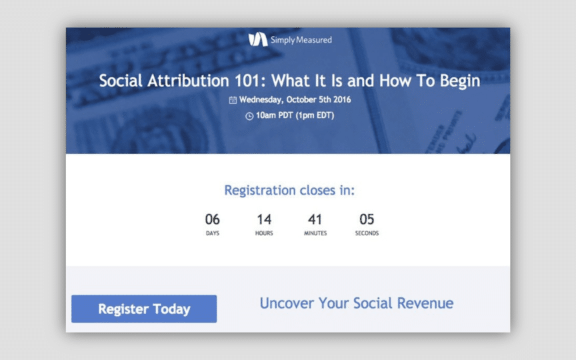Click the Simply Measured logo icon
click(x=258, y=39)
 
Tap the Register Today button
click(x=144, y=309)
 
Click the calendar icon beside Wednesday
click(x=233, y=100)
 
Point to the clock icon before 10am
click(x=249, y=116)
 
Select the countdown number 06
click(x=212, y=219)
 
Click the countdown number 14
click(x=264, y=219)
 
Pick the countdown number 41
click(x=315, y=219)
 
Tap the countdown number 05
click(x=367, y=219)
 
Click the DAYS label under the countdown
click(x=212, y=233)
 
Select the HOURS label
click(x=264, y=233)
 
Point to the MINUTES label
click(x=315, y=233)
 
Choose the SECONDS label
click(x=367, y=233)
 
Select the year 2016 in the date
click(x=342, y=99)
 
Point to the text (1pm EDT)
click(x=315, y=115)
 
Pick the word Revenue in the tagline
click(x=425, y=303)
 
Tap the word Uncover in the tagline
click(x=287, y=303)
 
